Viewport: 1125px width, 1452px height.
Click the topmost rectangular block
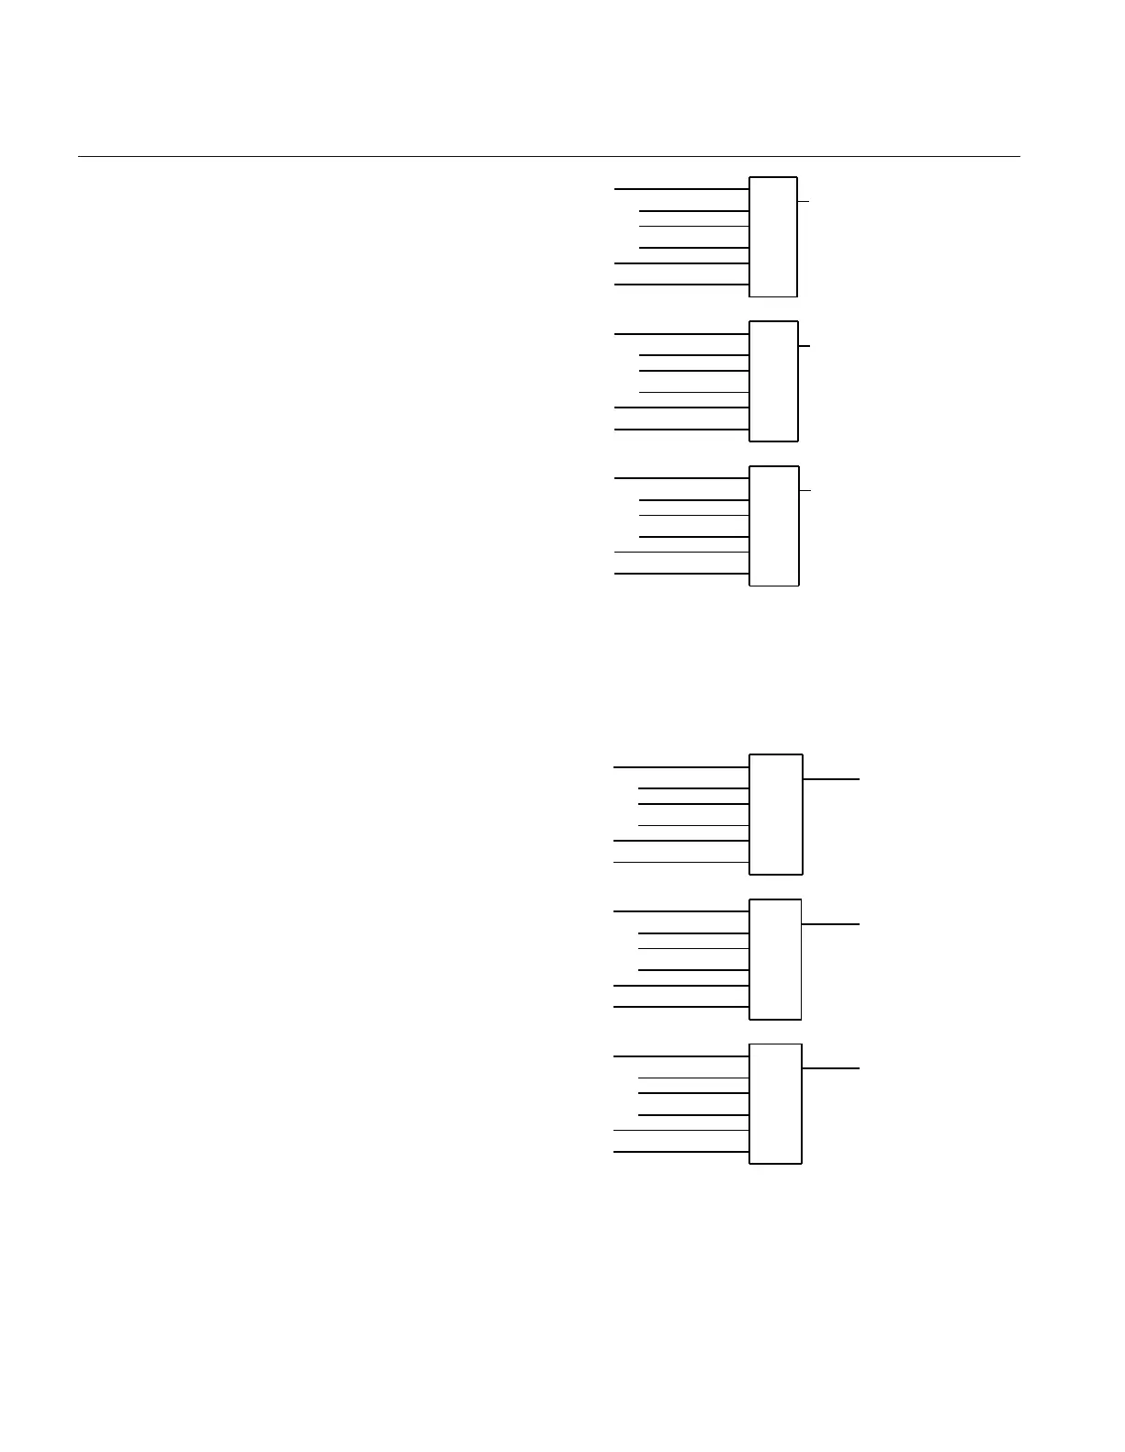click(x=773, y=237)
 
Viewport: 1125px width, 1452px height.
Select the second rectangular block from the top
click(x=774, y=381)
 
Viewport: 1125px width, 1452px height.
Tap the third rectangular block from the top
click(x=774, y=526)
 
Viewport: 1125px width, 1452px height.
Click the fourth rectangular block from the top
click(x=776, y=814)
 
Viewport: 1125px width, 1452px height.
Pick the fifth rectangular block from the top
click(x=776, y=959)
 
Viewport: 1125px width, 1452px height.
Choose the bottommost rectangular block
click(x=776, y=1103)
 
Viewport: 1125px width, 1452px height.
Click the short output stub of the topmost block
click(x=804, y=201)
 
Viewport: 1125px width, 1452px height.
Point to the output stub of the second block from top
click(x=804, y=346)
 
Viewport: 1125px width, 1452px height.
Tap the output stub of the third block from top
click(x=805, y=490)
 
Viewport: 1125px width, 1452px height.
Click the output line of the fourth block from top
click(x=831, y=779)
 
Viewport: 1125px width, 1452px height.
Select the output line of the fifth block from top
click(x=831, y=924)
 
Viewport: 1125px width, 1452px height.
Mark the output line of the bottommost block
click(x=831, y=1068)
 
